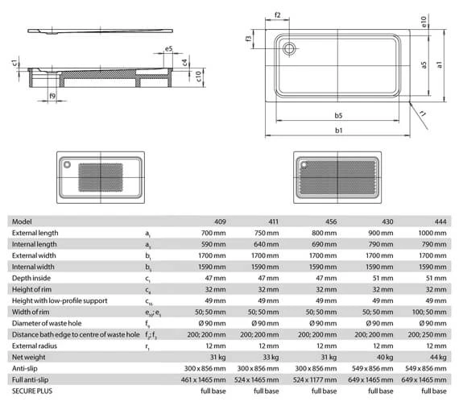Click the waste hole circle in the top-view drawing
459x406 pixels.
[x=289, y=48]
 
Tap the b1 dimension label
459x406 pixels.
[x=338, y=130]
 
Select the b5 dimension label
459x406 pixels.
[x=338, y=115]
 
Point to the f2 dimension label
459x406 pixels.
[x=278, y=15]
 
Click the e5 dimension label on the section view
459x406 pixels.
[x=169, y=48]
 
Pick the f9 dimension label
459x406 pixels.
[x=52, y=96]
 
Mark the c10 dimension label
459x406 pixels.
[x=198, y=77]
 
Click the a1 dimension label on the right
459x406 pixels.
[x=439, y=64]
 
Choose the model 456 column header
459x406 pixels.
[x=331, y=222]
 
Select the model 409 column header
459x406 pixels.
[x=220, y=222]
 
